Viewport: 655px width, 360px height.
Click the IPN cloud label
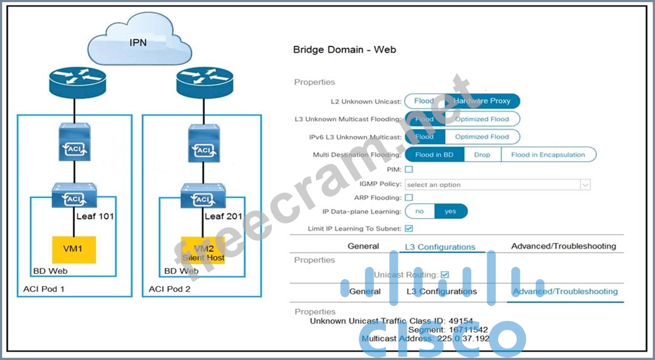tap(138, 42)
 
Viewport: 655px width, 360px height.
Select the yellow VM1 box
tap(74, 250)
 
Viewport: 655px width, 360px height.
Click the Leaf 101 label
tap(94, 216)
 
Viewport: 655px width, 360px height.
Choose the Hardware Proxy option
tap(482, 101)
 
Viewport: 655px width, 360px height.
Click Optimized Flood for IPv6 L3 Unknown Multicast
tap(482, 137)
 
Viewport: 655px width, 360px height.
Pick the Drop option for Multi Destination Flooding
tap(482, 155)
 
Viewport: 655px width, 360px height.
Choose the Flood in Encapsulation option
tap(548, 155)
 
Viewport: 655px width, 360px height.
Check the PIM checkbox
tap(408, 169)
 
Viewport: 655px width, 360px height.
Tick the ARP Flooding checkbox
tap(408, 198)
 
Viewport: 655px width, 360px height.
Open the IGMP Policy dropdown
tap(497, 184)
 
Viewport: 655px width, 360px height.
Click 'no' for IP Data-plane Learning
tap(419, 211)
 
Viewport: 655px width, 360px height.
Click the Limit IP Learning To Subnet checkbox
tap(408, 229)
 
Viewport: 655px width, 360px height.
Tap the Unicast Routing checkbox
tap(445, 274)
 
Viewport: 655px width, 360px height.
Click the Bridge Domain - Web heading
tap(344, 50)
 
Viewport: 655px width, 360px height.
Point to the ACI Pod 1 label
tap(44, 289)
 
